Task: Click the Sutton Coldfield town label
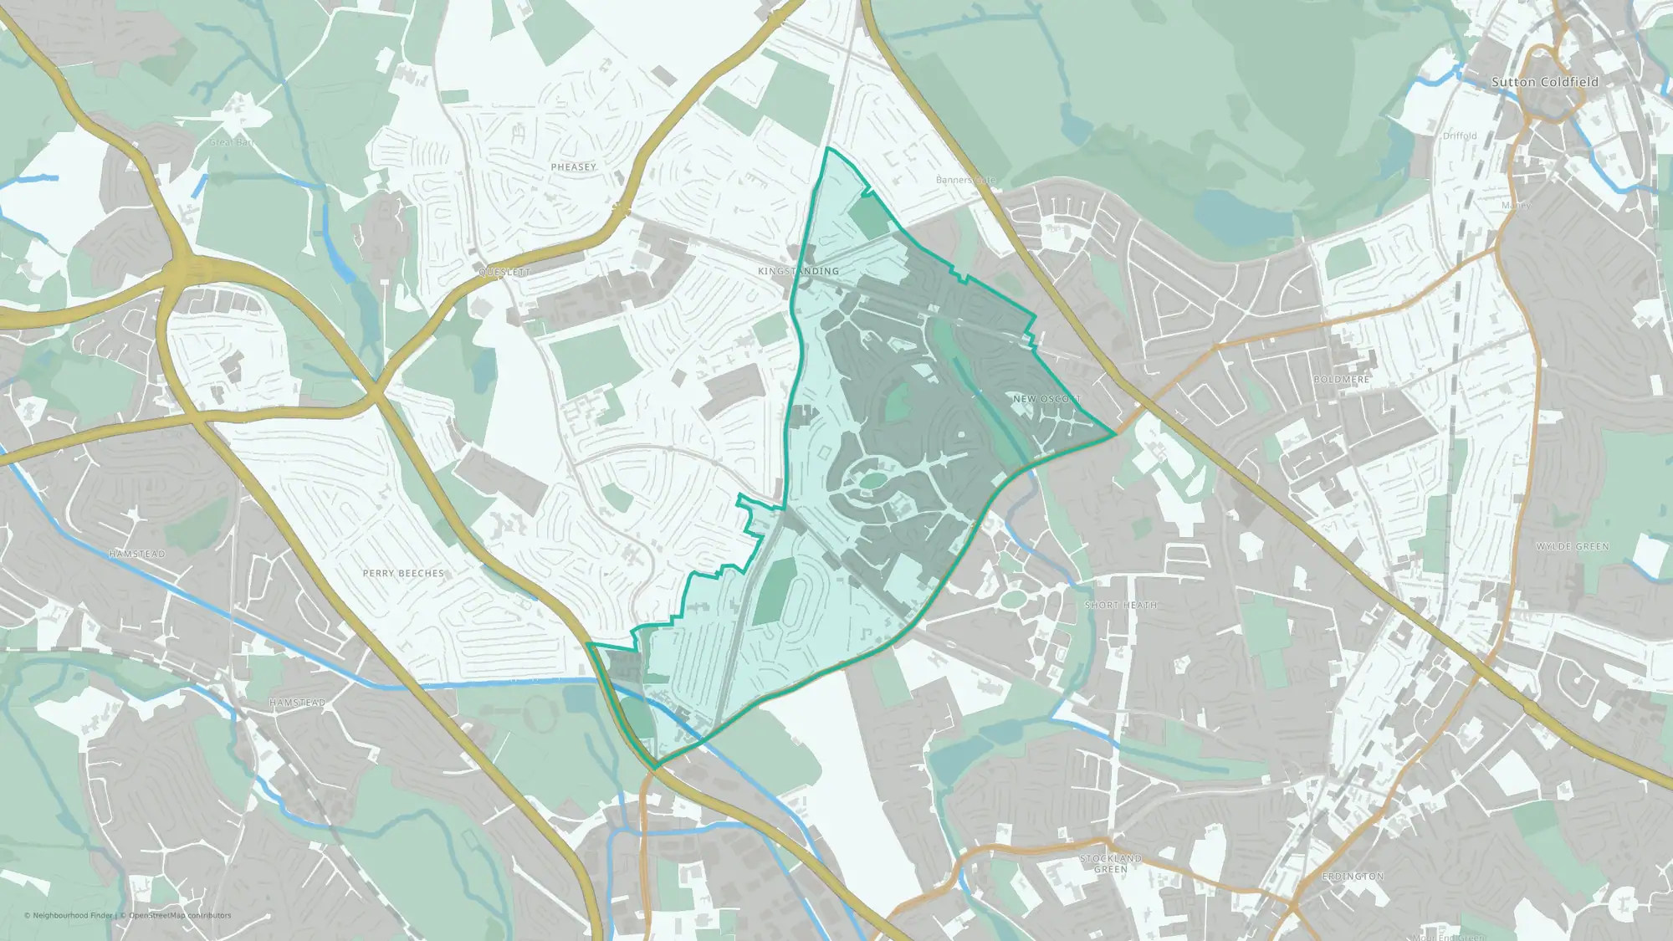[x=1544, y=82]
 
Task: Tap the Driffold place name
[x=1460, y=136]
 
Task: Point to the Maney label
[x=1516, y=205]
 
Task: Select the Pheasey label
[x=574, y=167]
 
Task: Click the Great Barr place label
[x=232, y=143]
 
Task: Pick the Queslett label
[x=504, y=273]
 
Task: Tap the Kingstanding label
[x=798, y=271]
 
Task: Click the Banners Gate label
[x=965, y=180]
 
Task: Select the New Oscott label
[x=1046, y=399]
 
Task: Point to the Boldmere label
[x=1342, y=380]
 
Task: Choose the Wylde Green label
[x=1573, y=547]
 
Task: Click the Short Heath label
[x=1121, y=605]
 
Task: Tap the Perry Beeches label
[x=403, y=574]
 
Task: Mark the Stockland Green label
[x=1110, y=864]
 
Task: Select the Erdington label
[x=1353, y=877]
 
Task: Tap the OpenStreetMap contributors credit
[x=180, y=915]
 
